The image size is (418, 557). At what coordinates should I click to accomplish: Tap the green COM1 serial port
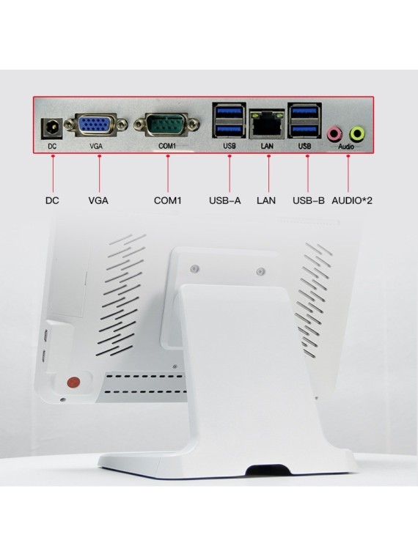click(x=166, y=125)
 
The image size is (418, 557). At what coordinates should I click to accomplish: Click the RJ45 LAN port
click(x=267, y=125)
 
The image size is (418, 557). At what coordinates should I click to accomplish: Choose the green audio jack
click(x=358, y=133)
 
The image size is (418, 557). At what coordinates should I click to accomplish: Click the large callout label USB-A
click(x=225, y=201)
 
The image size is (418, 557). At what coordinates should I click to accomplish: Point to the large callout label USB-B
click(x=309, y=201)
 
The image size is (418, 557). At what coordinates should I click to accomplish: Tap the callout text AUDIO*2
click(x=352, y=201)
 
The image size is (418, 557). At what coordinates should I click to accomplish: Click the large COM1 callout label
click(x=168, y=201)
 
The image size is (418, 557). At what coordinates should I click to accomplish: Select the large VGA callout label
click(x=98, y=201)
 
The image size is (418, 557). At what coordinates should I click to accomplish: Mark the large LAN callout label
click(x=266, y=201)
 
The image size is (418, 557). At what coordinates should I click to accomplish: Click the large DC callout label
click(x=52, y=201)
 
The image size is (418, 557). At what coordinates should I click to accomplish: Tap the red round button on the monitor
click(x=73, y=383)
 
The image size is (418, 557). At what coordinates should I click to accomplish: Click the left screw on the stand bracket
click(x=194, y=268)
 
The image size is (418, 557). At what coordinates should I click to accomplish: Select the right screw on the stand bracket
click(x=260, y=272)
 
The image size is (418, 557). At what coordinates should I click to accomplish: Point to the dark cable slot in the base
click(x=268, y=470)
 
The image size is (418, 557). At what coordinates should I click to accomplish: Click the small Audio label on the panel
click(x=346, y=147)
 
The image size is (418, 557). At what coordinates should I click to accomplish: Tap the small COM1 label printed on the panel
click(x=167, y=146)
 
